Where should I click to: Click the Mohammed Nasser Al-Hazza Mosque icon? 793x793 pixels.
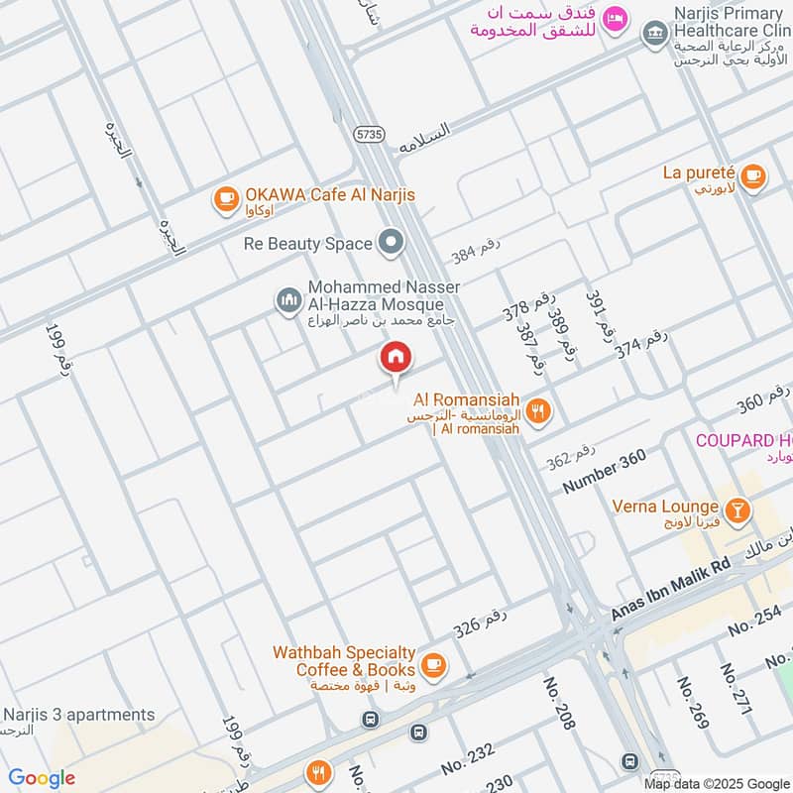pos(288,298)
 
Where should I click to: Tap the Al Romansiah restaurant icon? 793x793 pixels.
pos(538,410)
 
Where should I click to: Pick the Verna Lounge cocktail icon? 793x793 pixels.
pos(736,511)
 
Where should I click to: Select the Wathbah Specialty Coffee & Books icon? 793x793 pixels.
pos(433,663)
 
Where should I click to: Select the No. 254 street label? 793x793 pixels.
pos(755,622)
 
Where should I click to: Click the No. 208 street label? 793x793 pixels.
pos(560,703)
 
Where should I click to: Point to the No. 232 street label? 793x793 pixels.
pos(467,759)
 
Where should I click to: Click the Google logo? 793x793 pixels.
pos(42,778)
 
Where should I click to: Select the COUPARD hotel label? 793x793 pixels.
pos(743,440)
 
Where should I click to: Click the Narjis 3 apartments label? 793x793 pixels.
pos(79,715)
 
